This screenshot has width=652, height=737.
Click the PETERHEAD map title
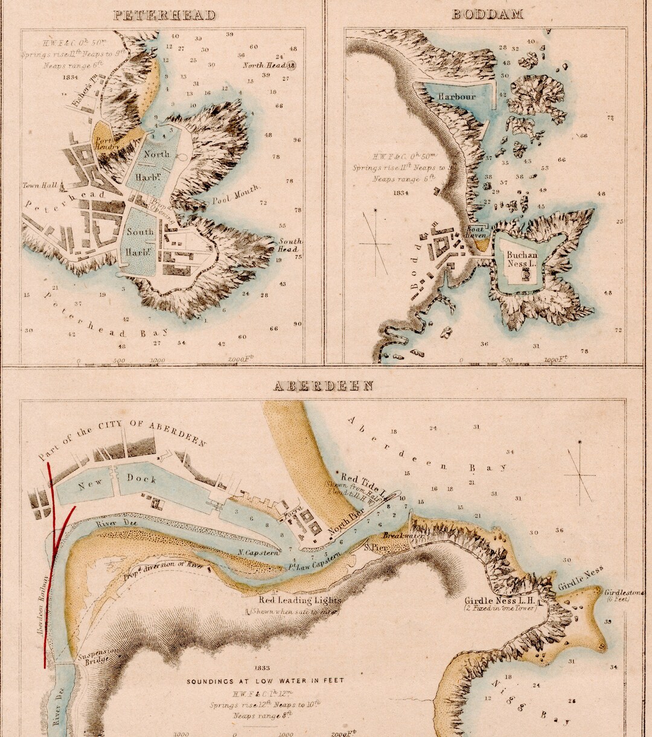164,15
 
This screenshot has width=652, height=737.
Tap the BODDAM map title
487,14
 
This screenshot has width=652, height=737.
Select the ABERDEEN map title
324,386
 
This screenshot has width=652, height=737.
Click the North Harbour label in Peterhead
156,160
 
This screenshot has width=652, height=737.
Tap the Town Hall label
40,185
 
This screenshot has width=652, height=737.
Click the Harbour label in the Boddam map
457,97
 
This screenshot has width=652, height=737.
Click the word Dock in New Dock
141,479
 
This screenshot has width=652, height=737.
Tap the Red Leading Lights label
300,601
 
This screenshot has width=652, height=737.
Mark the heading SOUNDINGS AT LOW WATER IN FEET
265,681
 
